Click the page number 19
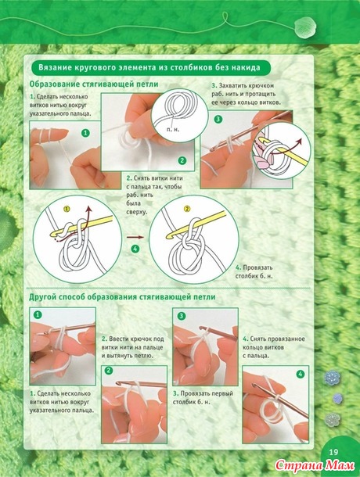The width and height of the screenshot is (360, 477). point(333,452)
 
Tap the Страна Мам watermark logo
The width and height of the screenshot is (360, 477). point(315,465)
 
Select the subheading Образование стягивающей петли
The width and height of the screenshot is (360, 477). point(94,84)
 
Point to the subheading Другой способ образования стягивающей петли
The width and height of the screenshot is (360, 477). point(122,296)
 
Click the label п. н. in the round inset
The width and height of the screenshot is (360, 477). point(173,130)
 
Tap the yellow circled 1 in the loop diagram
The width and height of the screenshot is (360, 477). point(67,209)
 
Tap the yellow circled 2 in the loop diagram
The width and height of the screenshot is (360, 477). point(187,209)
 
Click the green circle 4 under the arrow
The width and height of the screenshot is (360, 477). point(135,249)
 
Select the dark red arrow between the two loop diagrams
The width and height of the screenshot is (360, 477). point(135,237)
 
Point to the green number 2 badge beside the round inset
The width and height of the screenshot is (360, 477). point(182,160)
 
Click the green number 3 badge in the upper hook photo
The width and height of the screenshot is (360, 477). point(218,119)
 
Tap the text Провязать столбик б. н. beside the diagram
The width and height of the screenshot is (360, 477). point(254,272)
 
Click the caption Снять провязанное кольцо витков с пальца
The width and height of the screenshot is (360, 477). point(273,347)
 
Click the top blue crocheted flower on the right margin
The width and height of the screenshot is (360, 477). point(332,377)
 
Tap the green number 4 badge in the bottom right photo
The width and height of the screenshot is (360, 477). point(301,374)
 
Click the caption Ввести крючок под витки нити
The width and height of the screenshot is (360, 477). point(132,347)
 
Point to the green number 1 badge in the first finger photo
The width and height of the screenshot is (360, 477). point(86,133)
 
